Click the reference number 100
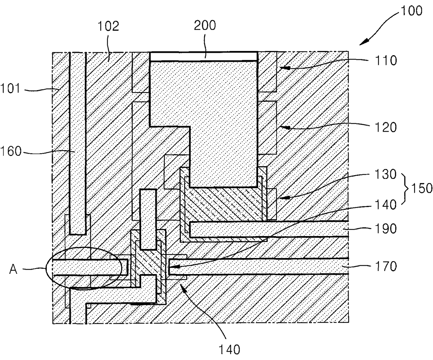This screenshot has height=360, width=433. tap(411, 11)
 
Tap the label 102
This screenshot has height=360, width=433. tap(108, 26)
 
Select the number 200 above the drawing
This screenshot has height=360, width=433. tap(205, 25)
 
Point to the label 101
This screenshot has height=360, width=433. tap(10, 88)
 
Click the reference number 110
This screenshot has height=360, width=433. tap(386, 60)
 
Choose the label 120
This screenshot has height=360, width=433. tap(386, 127)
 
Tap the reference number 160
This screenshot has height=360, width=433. tap(11, 151)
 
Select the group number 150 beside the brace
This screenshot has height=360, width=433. tap(422, 188)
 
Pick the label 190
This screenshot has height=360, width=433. tap(386, 228)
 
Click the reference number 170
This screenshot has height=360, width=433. tap(386, 266)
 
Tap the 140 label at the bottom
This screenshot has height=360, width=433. tap(229, 350)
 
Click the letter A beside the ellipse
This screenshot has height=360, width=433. tap(13, 270)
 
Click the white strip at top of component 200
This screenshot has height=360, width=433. tap(204, 56)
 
